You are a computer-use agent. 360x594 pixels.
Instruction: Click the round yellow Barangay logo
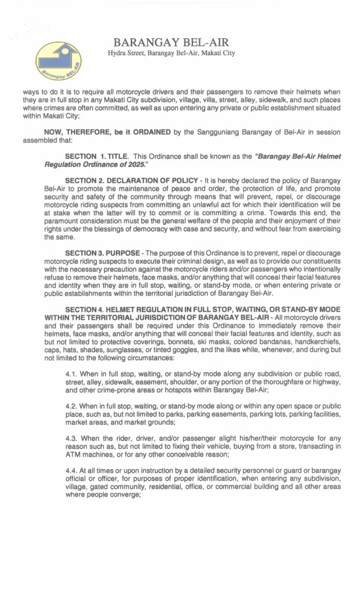tap(58, 61)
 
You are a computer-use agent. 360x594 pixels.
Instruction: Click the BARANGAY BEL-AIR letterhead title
tap(171, 42)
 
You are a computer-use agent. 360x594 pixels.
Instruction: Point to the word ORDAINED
tap(151, 132)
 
